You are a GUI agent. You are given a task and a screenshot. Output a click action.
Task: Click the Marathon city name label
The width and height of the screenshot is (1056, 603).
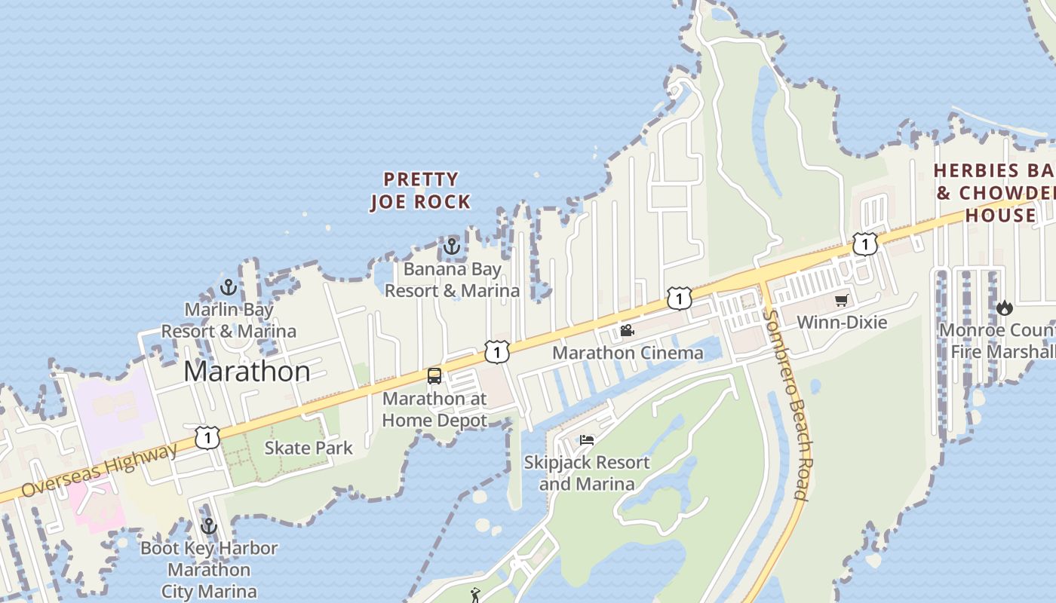coord(247,372)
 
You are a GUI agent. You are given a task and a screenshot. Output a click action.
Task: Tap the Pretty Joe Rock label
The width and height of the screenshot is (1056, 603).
coord(420,191)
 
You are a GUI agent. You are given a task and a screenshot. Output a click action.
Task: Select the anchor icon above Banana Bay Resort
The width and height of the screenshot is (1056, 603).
coord(451,246)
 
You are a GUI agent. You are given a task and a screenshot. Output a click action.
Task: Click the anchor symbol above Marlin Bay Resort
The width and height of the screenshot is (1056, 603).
coord(229,287)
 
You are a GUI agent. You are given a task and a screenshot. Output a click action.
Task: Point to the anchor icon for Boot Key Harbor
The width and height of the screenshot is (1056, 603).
coord(209,526)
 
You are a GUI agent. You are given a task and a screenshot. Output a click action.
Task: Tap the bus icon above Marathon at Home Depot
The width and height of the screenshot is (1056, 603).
coord(434,375)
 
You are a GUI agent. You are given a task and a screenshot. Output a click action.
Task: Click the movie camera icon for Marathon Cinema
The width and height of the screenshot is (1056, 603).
coord(627,330)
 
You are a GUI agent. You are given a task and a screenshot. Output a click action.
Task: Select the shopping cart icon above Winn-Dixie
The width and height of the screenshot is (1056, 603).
coord(841,301)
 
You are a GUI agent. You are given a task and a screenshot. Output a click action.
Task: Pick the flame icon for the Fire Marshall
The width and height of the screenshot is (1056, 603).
coord(1004,308)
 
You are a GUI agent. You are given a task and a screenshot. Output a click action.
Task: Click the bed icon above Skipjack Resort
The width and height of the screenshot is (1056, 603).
coord(587,440)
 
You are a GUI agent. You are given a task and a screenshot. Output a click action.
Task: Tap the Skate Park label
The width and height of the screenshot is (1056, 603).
coord(309,448)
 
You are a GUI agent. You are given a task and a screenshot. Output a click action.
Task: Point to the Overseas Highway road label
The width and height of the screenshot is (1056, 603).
coord(99,471)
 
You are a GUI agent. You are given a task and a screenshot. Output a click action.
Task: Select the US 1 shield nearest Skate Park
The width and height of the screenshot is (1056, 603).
coord(207,437)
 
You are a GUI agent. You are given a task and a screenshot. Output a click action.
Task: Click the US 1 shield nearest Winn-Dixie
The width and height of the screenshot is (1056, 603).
coord(865,244)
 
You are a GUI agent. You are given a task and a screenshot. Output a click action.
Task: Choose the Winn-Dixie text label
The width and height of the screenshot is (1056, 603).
coord(842,323)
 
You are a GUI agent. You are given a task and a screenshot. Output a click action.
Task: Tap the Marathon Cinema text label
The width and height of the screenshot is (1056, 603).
coord(628,353)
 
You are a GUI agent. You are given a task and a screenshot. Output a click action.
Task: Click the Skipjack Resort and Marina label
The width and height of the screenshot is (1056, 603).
coord(587,473)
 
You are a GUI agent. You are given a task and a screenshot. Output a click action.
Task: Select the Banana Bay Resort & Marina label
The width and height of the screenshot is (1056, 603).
coord(452,280)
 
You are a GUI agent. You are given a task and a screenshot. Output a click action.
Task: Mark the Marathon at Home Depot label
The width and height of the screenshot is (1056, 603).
coord(434,409)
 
